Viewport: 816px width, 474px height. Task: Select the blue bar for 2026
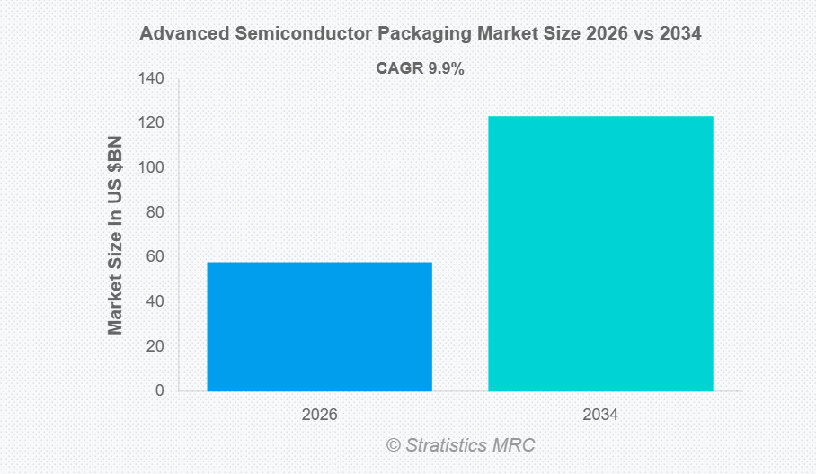[319, 326]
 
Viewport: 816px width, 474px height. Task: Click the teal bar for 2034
[600, 254]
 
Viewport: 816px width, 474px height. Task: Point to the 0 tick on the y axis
[159, 390]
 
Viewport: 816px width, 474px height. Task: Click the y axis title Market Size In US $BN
[115, 236]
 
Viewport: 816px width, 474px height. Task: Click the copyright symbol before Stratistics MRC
[394, 444]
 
